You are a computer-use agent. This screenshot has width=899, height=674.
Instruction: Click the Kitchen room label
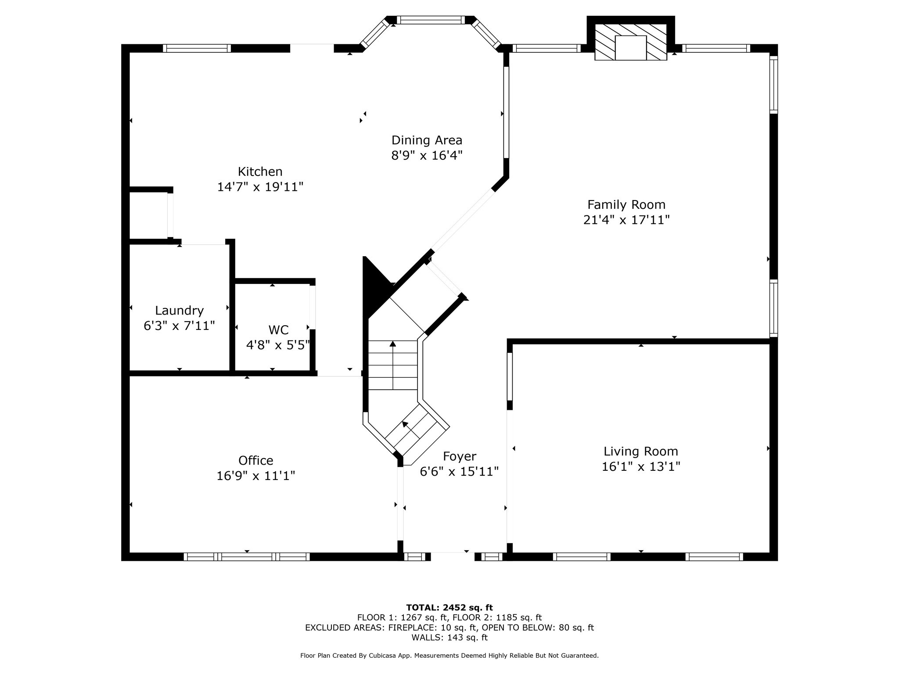260,172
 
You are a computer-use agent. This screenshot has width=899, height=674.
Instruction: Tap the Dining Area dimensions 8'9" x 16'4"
427,155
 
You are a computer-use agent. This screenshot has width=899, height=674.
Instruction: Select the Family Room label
626,204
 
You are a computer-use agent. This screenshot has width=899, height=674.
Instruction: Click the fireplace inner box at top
630,47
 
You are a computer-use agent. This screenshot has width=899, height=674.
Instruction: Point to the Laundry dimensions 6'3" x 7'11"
179,326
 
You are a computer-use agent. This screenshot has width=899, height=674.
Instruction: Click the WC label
278,330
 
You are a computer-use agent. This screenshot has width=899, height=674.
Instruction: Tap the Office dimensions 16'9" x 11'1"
255,476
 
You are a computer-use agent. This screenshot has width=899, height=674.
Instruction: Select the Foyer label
459,456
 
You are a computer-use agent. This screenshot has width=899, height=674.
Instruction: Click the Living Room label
640,451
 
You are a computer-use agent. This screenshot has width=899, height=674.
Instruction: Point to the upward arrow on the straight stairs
392,345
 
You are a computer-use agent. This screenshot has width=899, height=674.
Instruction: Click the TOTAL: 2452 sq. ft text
449,607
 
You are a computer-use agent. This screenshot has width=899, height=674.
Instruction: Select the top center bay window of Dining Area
430,20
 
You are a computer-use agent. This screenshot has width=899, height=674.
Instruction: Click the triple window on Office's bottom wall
247,557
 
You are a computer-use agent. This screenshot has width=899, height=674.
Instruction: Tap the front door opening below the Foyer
452,556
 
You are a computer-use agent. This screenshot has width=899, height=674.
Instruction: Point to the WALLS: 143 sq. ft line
449,638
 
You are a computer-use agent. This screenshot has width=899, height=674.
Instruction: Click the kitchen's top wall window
197,48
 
